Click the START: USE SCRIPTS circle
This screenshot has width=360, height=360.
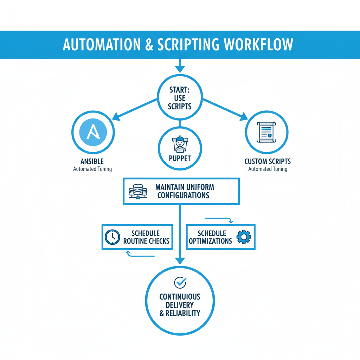(180, 97)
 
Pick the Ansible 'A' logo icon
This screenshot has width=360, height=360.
(93, 132)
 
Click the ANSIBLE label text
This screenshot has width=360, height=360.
(92, 161)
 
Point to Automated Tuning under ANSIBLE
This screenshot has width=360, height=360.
(92, 169)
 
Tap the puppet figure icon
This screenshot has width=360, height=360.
(180, 144)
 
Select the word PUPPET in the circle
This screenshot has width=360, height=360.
(180, 159)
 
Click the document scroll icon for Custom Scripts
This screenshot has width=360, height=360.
(266, 132)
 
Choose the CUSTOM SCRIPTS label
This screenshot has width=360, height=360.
(268, 161)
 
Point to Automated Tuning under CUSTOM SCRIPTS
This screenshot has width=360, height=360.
(268, 169)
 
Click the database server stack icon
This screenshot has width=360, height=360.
(138, 191)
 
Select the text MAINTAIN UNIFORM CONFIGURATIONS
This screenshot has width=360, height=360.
(184, 191)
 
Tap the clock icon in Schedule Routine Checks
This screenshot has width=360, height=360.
(112, 237)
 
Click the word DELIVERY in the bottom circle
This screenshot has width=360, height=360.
(180, 305)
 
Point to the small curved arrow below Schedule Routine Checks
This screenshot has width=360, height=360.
(129, 253)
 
